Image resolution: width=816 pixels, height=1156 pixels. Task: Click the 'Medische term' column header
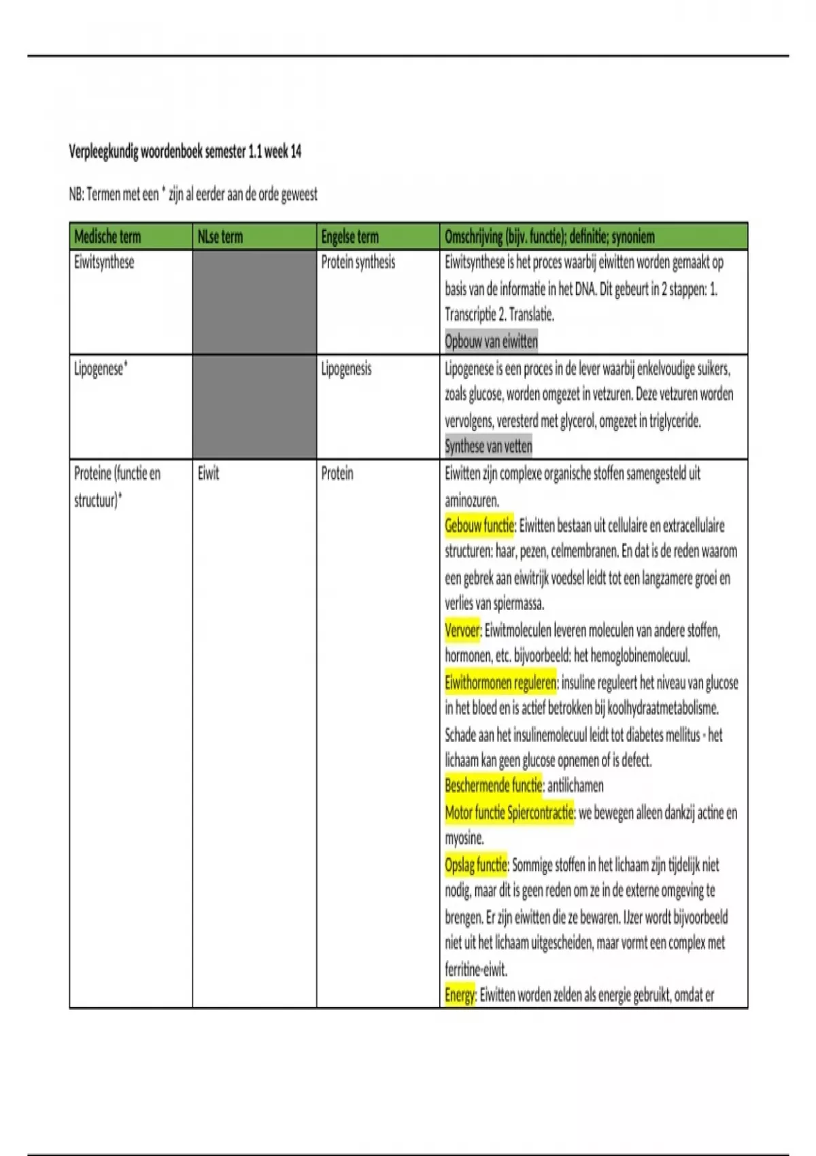[107, 237]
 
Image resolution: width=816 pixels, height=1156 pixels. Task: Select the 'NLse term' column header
[220, 237]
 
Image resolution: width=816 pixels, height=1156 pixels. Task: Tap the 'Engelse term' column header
[350, 237]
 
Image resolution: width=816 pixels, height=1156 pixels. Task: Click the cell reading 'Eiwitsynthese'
[104, 262]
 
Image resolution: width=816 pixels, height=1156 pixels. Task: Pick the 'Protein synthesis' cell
[358, 262]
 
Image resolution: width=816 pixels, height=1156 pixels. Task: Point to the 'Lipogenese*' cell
[101, 369]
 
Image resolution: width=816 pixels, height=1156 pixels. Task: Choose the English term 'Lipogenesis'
[346, 369]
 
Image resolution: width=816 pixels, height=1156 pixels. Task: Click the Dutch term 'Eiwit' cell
[208, 473]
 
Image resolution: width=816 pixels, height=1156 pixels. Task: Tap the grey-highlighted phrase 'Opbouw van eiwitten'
[491, 341]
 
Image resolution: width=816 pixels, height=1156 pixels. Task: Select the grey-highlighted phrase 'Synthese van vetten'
[488, 446]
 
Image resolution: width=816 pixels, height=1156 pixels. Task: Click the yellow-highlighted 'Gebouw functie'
[479, 526]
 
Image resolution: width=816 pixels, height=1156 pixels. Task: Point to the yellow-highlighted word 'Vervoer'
[462, 630]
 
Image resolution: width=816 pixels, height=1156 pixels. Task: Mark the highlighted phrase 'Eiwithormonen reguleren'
[500, 683]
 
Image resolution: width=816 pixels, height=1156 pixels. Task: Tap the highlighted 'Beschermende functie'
[494, 786]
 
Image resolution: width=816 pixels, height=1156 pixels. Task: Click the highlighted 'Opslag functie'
[476, 865]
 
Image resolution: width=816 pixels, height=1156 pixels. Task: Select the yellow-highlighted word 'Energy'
[460, 996]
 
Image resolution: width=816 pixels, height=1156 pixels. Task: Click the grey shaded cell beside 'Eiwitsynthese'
[254, 302]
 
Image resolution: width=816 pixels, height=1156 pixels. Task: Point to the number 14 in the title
[296, 152]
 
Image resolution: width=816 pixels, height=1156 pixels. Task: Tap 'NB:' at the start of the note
[76, 195]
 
